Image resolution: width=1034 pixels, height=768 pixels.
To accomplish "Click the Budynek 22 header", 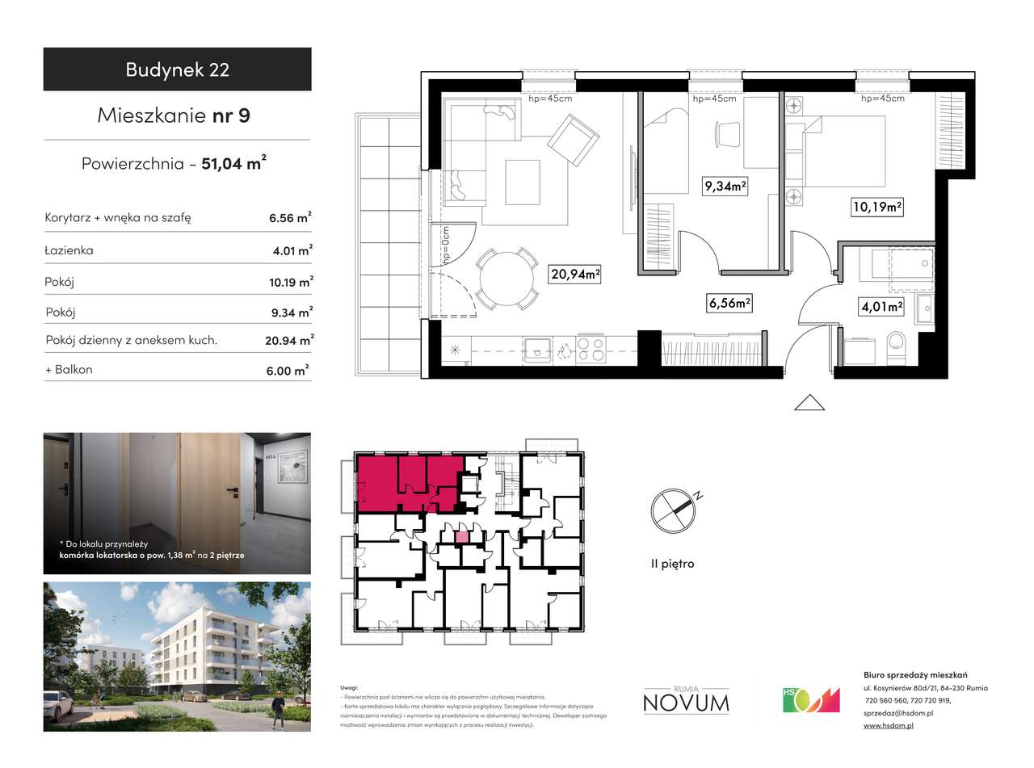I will pyautogui.click(x=177, y=69).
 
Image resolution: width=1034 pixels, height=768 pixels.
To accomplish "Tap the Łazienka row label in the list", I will pyautogui.click(x=69, y=250).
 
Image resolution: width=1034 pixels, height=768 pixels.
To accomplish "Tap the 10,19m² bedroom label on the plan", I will pyautogui.click(x=876, y=207).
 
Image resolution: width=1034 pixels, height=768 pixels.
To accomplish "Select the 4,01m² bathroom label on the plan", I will pyautogui.click(x=881, y=307).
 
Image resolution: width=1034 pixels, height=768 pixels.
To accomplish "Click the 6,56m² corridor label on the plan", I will pyautogui.click(x=729, y=304).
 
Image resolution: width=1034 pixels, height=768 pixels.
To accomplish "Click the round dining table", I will pyautogui.click(x=506, y=280).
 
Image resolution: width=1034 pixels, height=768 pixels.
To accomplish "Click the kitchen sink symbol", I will pyautogui.click(x=537, y=350).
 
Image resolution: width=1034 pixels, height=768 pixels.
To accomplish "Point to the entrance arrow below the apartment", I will pyautogui.click(x=809, y=402).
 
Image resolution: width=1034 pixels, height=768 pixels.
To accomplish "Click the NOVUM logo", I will pyautogui.click(x=686, y=701).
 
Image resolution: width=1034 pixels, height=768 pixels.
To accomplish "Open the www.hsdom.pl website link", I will pyautogui.click(x=888, y=726).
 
